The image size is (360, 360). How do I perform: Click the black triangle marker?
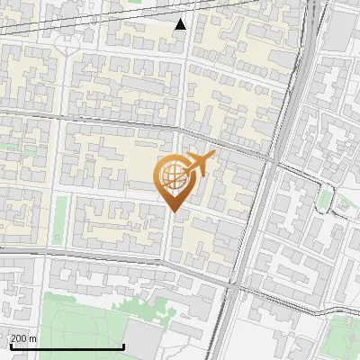coord(180,24)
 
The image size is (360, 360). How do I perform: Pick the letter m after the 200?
coord(34,338)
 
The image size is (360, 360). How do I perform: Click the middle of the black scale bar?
coord(67,346)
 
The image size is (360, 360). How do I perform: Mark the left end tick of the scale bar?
coord(10,345)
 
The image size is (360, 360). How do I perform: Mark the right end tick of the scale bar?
coord(123,345)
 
